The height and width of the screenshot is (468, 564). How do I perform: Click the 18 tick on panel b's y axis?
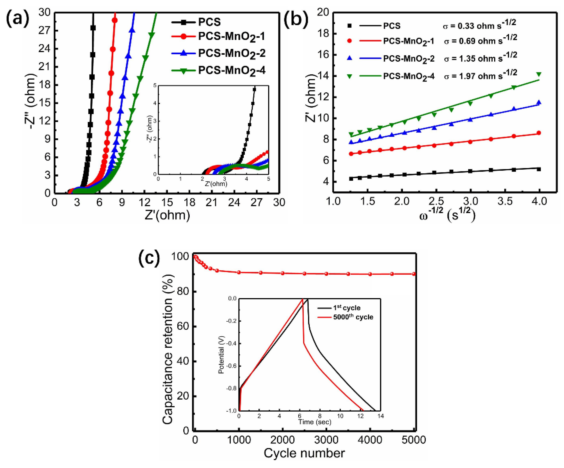324,34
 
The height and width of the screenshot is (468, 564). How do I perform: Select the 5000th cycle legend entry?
353,317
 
